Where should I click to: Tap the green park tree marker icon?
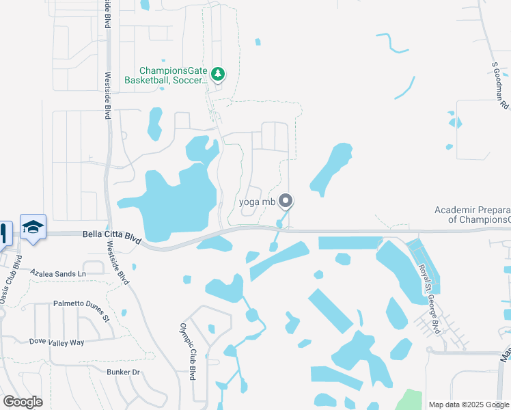(x=218, y=73)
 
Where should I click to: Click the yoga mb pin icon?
(x=286, y=202)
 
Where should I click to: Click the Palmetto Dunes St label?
(x=81, y=307)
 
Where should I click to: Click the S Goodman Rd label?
(x=500, y=85)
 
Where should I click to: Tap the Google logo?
(x=22, y=402)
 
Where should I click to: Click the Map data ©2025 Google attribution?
(x=469, y=405)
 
